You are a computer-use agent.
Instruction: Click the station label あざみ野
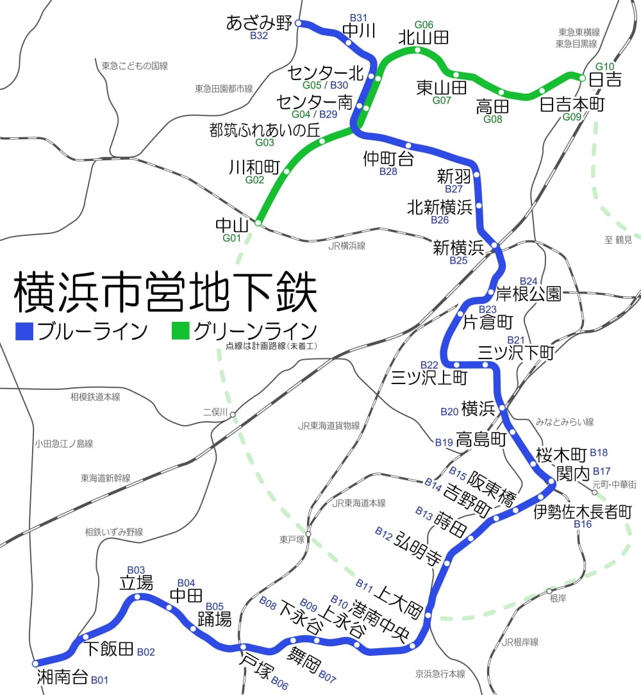coord(259,24)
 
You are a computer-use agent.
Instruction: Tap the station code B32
coord(259,36)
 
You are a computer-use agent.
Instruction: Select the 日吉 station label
coord(605,80)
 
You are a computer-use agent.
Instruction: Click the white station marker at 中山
coord(258,223)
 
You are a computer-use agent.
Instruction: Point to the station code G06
coord(424,24)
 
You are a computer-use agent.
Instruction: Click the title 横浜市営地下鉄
coord(165,294)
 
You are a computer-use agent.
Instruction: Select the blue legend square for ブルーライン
coord(24,331)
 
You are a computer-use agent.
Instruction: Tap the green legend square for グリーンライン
coord(180,331)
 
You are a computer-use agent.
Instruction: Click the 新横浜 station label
coord(458,247)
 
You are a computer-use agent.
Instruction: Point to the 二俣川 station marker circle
coord(233,414)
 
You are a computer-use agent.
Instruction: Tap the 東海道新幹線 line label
coord(105,478)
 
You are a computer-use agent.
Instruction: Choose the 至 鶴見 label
coord(618,240)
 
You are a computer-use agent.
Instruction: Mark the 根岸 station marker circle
coord(549,590)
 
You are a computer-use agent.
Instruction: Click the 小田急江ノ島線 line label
coord(64,444)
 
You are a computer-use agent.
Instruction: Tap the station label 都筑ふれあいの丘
coord(264,129)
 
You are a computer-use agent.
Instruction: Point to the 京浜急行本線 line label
coord(440,674)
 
